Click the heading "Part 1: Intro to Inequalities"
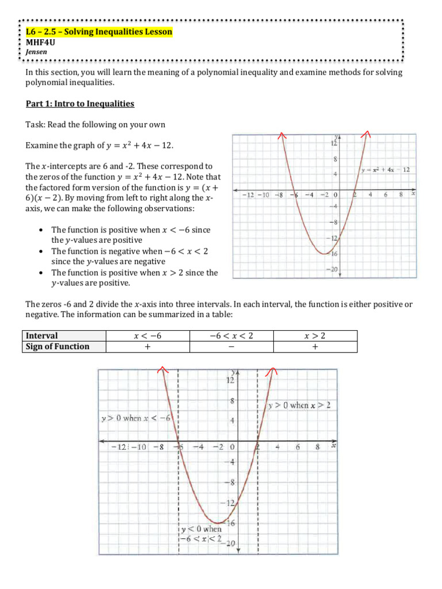coord(80,104)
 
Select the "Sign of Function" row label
coord(55,346)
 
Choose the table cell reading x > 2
coord(315,335)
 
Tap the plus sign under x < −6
coord(147,347)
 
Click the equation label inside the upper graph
coord(386,170)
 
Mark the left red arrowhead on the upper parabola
coord(281,135)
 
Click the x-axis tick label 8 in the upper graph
coord(401,195)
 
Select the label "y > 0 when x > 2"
coord(300,406)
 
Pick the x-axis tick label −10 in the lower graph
coord(140,446)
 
